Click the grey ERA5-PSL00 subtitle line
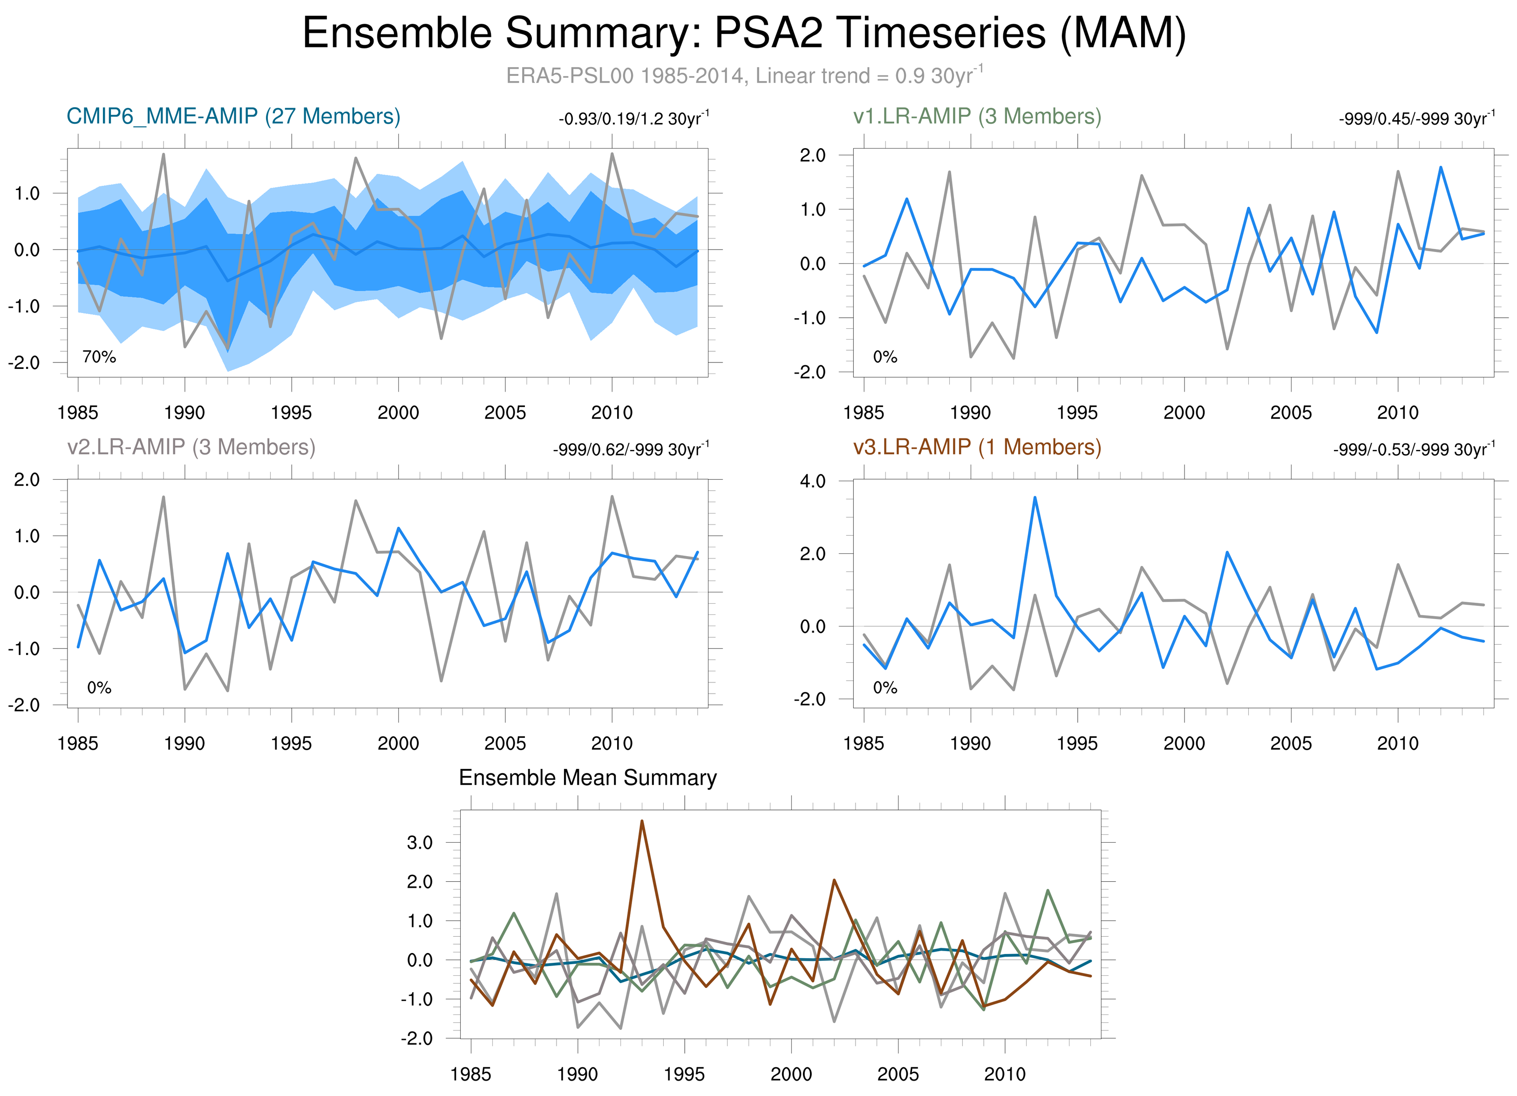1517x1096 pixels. point(744,75)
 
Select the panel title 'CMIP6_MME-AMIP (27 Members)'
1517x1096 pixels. point(233,116)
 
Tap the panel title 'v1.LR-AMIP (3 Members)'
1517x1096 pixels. point(977,116)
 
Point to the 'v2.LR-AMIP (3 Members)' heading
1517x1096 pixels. point(191,447)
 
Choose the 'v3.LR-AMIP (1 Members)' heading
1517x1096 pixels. point(977,447)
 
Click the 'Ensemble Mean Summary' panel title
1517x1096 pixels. point(587,778)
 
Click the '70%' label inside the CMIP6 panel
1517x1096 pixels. point(99,357)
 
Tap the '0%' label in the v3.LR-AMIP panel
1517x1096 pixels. point(885,688)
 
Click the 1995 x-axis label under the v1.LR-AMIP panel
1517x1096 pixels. point(1077,413)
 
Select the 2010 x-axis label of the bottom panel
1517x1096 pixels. point(1005,1074)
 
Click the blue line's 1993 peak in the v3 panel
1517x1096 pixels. point(1035,497)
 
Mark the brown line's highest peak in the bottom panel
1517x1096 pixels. point(642,821)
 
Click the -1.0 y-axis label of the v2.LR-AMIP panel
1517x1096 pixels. point(24,649)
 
